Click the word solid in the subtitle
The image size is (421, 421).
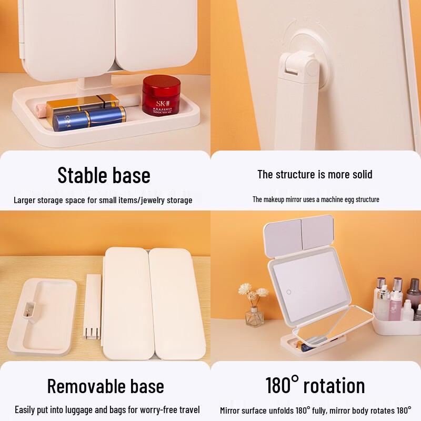pos(358,174)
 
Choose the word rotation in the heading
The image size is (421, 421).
pos(334,386)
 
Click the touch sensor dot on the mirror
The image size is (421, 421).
pos(289,291)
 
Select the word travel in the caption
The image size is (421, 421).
pos(188,409)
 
